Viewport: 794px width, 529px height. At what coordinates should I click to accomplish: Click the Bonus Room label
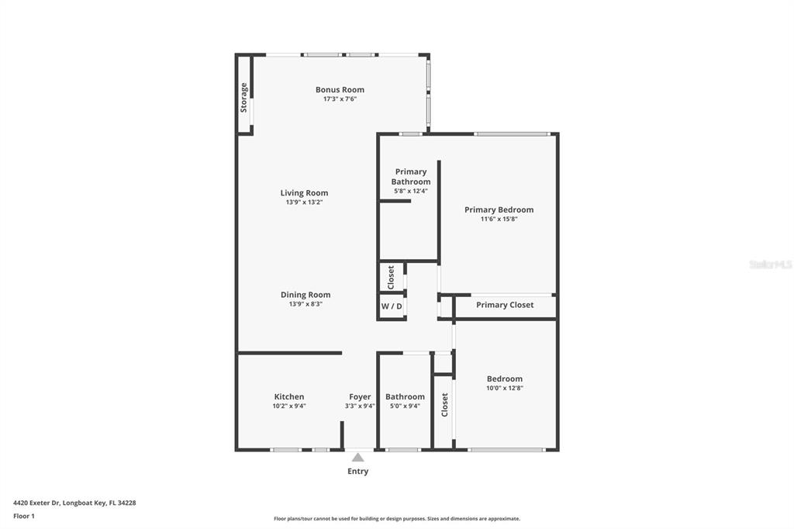[x=340, y=90]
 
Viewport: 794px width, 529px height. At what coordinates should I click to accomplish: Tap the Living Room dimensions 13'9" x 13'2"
[x=304, y=202]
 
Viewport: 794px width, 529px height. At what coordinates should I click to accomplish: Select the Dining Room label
[x=305, y=295]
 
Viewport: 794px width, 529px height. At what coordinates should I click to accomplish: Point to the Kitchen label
[x=288, y=397]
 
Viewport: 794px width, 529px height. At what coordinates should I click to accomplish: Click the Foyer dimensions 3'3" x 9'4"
[x=360, y=406]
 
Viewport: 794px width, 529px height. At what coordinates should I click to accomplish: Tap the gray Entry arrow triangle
[x=357, y=458]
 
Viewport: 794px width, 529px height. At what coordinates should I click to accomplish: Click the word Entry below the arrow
[x=357, y=472]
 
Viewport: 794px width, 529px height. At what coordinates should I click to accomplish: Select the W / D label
[x=392, y=306]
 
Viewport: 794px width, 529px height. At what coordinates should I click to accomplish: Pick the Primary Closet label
[x=505, y=305]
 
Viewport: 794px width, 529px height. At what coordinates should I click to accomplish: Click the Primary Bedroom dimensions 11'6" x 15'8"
[x=499, y=219]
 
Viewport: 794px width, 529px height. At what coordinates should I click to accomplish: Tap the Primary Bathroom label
[x=411, y=177]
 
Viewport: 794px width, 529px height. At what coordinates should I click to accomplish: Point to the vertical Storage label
[x=244, y=98]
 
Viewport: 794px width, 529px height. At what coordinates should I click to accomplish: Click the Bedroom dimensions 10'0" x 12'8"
[x=504, y=388]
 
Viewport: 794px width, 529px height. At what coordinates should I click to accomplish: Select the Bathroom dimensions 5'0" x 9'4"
[x=405, y=406]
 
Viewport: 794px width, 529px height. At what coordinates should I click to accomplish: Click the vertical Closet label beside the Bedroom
[x=444, y=404]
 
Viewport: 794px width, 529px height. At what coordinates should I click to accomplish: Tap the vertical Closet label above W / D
[x=391, y=277]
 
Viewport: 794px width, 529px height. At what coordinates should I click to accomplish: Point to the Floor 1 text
[x=24, y=516]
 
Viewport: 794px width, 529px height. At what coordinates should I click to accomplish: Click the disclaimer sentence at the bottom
[x=396, y=519]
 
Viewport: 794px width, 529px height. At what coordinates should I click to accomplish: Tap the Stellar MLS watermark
[x=770, y=264]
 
